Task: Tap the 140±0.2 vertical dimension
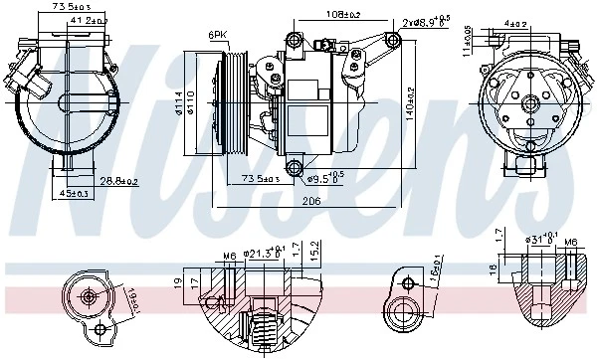pyautogui.click(x=410, y=101)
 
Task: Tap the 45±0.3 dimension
pyautogui.click(x=71, y=193)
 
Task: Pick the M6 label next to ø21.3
pyautogui.click(x=228, y=258)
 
